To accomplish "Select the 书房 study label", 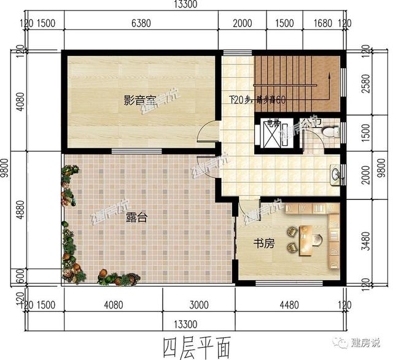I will (x=264, y=243).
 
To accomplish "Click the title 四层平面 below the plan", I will (x=196, y=346).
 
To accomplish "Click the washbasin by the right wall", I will (x=336, y=174).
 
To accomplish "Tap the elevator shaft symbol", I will (x=271, y=132).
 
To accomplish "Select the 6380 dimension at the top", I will (x=141, y=24).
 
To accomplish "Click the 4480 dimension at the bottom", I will (x=288, y=304).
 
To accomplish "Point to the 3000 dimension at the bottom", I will (x=198, y=304).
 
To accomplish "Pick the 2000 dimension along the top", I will (x=243, y=24).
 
